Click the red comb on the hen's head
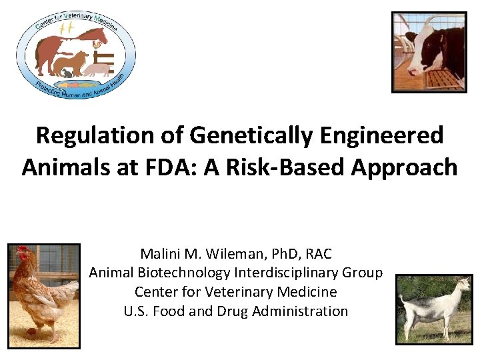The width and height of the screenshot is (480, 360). [x=22, y=251]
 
